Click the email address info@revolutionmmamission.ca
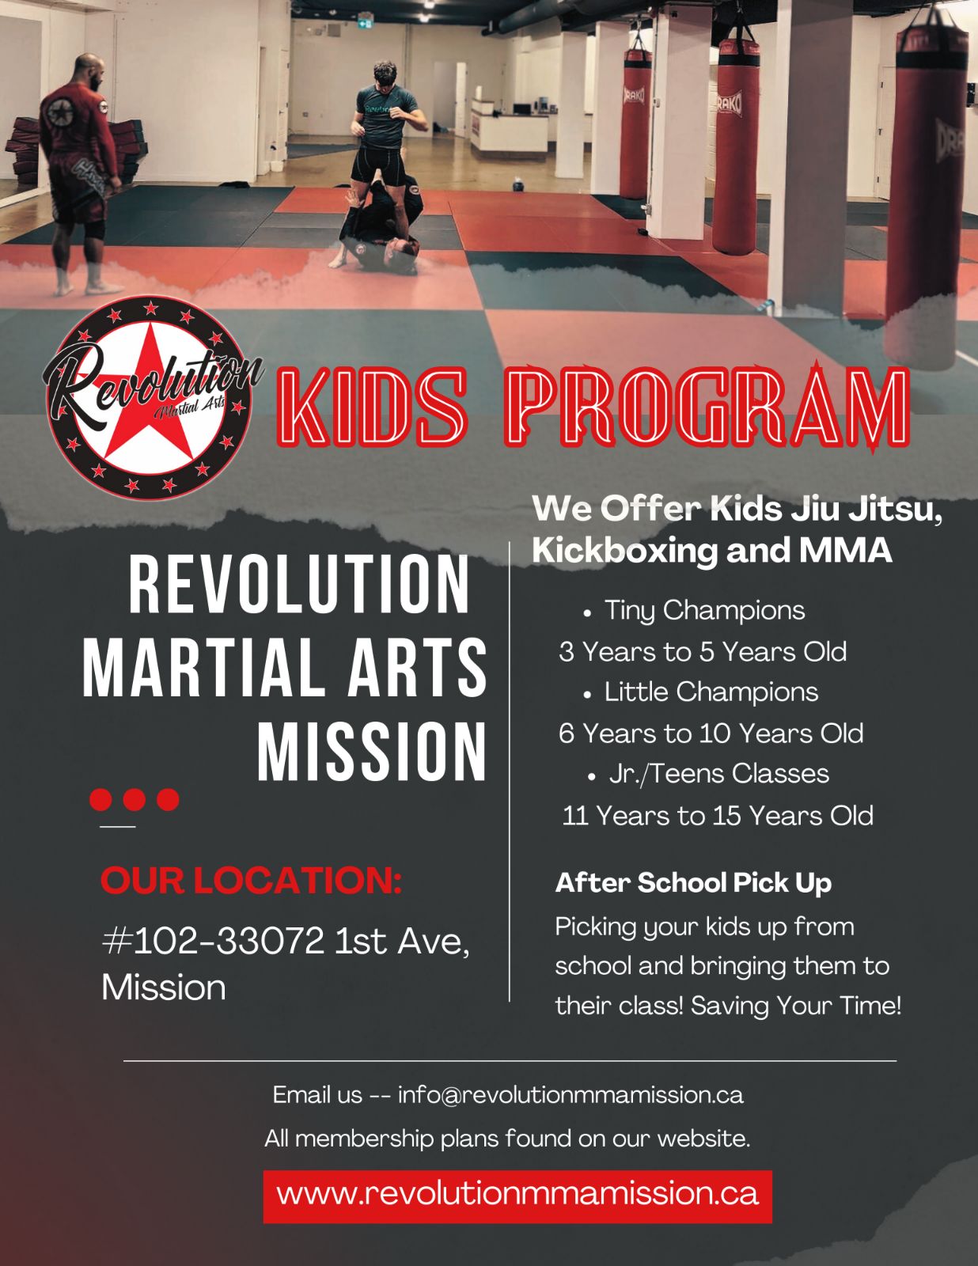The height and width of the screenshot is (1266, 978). coord(570,1095)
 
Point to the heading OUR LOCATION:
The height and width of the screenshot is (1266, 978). coord(251,880)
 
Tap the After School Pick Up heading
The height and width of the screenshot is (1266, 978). coord(693,883)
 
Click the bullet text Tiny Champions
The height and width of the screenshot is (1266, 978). coord(705,611)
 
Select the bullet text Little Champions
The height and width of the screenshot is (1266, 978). coord(711,692)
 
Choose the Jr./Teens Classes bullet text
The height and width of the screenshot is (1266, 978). coord(718,775)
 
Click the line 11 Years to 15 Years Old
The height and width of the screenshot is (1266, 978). coord(718,816)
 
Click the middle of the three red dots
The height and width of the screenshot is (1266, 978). coord(135,799)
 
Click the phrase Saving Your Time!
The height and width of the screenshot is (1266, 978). coord(796,1006)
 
